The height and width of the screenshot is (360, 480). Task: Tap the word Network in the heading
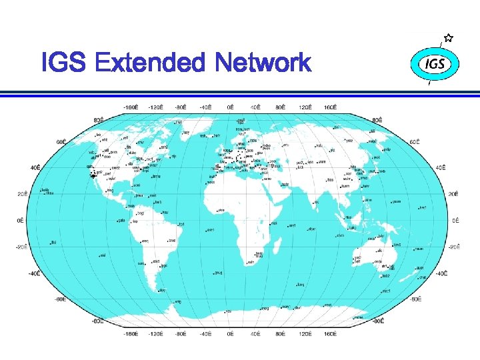(263, 63)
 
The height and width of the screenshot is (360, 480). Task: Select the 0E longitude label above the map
(230, 106)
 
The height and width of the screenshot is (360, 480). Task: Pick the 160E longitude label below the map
(329, 333)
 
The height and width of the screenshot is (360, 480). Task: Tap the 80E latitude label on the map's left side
(98, 120)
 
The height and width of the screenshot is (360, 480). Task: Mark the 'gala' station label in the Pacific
(122, 220)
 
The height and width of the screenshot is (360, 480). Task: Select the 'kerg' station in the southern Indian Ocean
(301, 285)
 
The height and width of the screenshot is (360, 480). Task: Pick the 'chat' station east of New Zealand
(423, 277)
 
